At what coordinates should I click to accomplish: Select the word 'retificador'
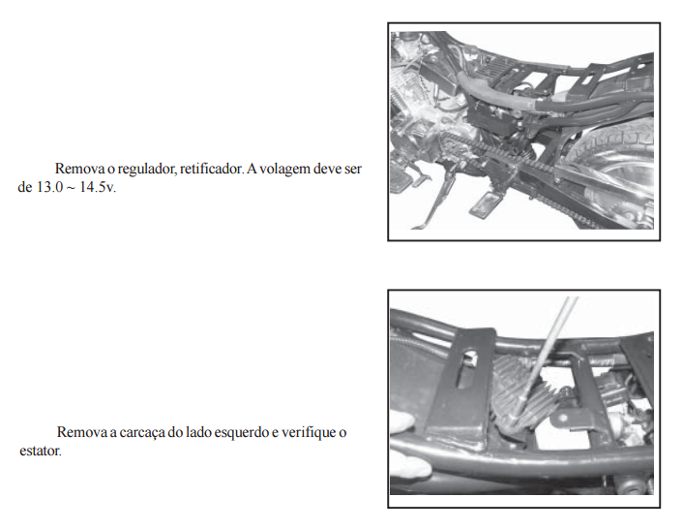click(211, 169)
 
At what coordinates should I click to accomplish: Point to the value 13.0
click(49, 188)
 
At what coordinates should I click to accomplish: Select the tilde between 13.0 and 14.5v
click(71, 188)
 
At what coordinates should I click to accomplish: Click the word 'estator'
click(40, 451)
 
